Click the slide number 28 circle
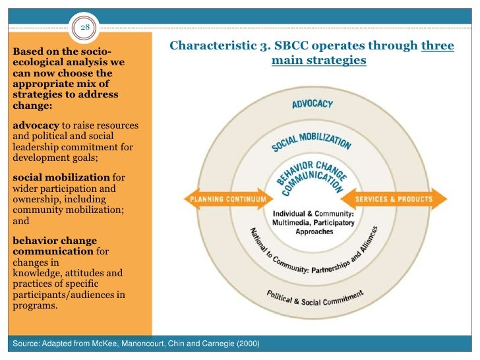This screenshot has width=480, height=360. tap(85, 27)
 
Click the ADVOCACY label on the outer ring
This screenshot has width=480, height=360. tap(312, 104)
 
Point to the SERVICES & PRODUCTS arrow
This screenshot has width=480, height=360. tap(394, 198)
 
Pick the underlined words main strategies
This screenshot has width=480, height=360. tap(318, 61)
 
